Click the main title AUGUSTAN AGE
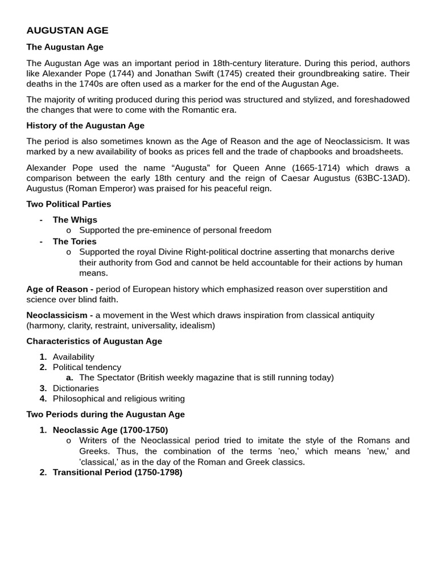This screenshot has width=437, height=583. [67, 31]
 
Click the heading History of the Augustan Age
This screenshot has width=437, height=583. [85, 125]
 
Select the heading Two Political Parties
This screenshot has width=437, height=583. [69, 204]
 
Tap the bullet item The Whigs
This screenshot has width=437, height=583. [75, 220]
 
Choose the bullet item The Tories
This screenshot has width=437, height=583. [75, 241]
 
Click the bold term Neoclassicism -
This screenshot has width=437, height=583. [60, 315]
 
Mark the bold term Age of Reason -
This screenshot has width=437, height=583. [60, 289]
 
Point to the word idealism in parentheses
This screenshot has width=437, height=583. [195, 325]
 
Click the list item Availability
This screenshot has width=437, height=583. [73, 357]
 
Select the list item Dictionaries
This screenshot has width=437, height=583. [76, 388]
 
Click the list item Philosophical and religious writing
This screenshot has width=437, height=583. [119, 399]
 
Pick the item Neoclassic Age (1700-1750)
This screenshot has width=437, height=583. [110, 430]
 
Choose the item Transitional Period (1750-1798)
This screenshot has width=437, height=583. [117, 472]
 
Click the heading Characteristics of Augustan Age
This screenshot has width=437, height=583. [94, 341]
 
